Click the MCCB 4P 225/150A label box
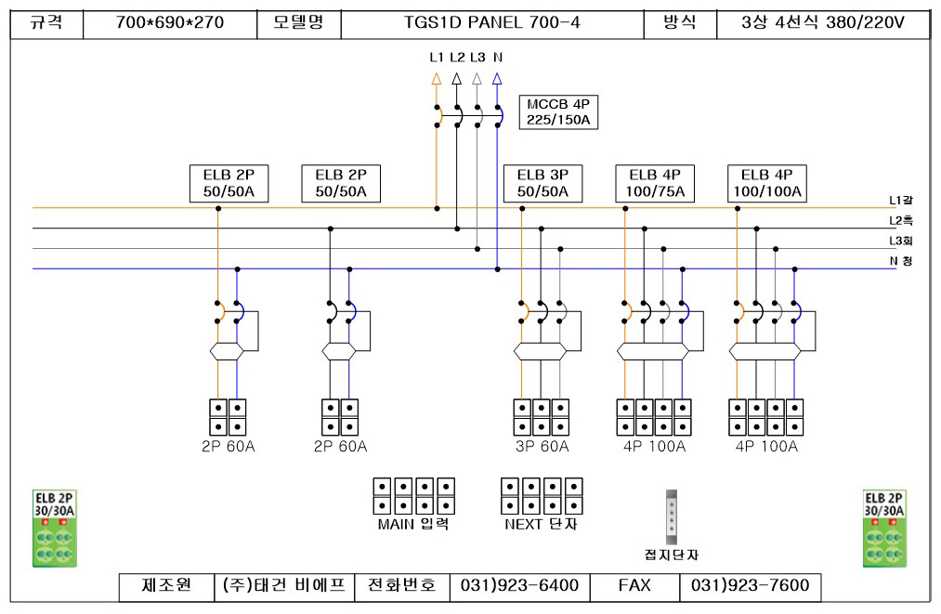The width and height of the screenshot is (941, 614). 558,111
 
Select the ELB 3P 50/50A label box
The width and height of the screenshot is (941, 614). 542,183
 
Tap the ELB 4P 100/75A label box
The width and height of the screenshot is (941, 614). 655,183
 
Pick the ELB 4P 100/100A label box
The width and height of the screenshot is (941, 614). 767,183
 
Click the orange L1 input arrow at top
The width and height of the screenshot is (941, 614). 437,79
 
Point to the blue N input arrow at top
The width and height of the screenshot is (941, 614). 497,79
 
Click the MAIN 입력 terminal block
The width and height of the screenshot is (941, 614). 414,496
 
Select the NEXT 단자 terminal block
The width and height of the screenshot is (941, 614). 542,496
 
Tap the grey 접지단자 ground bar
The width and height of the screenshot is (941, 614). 672,516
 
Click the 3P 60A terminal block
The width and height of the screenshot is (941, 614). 542,417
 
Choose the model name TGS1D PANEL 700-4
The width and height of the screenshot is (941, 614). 492,23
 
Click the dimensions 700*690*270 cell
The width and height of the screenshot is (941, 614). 170,23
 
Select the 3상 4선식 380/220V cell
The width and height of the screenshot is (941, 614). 823,23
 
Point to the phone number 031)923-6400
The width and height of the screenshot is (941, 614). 519,585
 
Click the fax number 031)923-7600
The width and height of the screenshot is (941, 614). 751,585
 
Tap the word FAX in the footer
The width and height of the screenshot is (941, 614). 634,585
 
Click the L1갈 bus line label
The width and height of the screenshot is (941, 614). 901,201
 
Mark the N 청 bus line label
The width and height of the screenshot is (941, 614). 901,261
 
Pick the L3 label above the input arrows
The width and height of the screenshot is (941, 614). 477,58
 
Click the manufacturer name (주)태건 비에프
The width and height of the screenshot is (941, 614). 284,585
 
